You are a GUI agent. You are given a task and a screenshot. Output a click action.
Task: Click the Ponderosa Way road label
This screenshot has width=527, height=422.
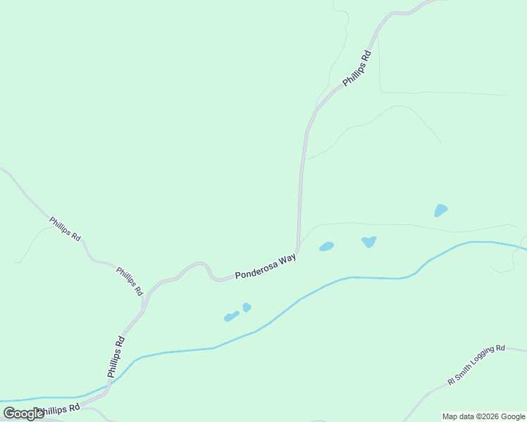coord(265,267)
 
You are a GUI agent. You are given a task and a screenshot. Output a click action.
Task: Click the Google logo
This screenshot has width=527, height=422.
coord(23,414)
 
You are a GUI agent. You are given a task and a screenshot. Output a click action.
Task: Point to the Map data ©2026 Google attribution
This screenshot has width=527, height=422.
coord(483,416)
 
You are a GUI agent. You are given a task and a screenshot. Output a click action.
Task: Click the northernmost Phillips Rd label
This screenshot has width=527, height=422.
coord(356,68)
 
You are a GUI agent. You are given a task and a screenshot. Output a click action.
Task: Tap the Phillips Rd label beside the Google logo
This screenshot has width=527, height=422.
coord(59,409)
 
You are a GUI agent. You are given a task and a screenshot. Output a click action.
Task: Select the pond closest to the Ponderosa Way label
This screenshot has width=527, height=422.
coord(326,246)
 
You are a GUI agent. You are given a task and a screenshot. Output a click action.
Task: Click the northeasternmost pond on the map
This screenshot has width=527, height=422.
coord(440,210)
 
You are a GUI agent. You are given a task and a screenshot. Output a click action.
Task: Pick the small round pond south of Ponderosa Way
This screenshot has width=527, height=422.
coord(247,307)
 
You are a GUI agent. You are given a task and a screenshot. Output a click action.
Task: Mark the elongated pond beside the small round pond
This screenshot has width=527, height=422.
coord(231,316)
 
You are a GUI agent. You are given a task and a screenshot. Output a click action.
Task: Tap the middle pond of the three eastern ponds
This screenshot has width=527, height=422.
coord(368,241)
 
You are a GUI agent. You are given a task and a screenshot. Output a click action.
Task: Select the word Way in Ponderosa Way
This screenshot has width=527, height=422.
coord(287,260)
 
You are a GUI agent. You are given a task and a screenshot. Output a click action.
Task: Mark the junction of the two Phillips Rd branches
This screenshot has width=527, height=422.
coord(145,308)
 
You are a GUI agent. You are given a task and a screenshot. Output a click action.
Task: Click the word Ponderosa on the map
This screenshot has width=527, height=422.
coord(255,270)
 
